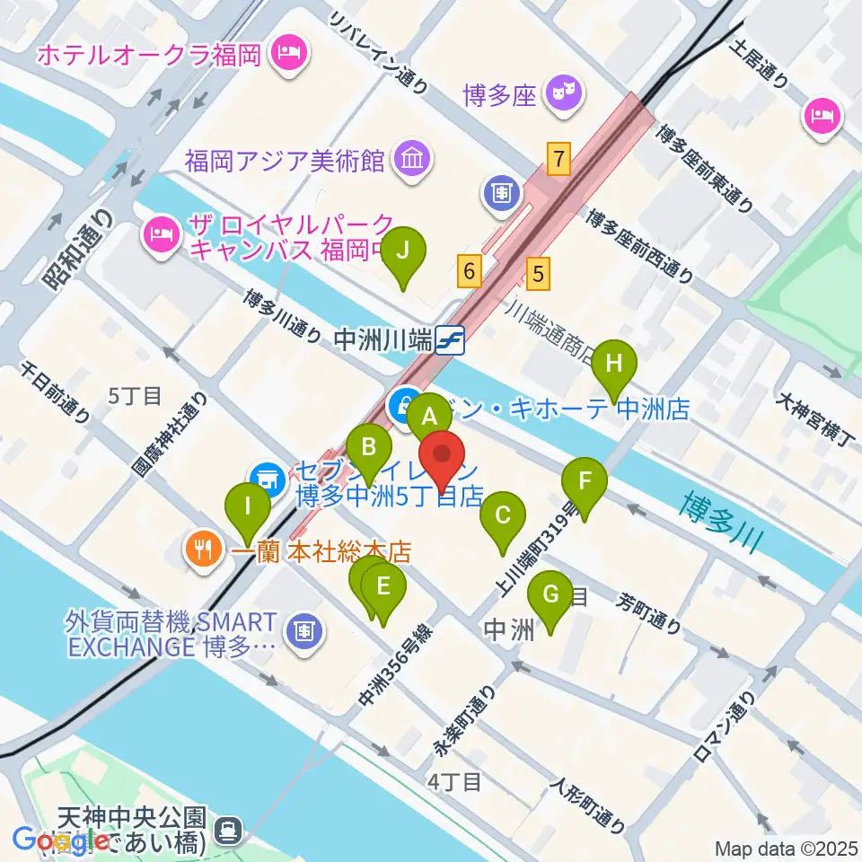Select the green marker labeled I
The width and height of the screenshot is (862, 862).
[x=246, y=509]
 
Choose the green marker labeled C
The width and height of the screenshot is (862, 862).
[x=502, y=518]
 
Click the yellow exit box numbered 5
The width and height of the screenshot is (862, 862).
[x=538, y=273]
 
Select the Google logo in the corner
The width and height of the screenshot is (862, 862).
[x=54, y=840]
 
